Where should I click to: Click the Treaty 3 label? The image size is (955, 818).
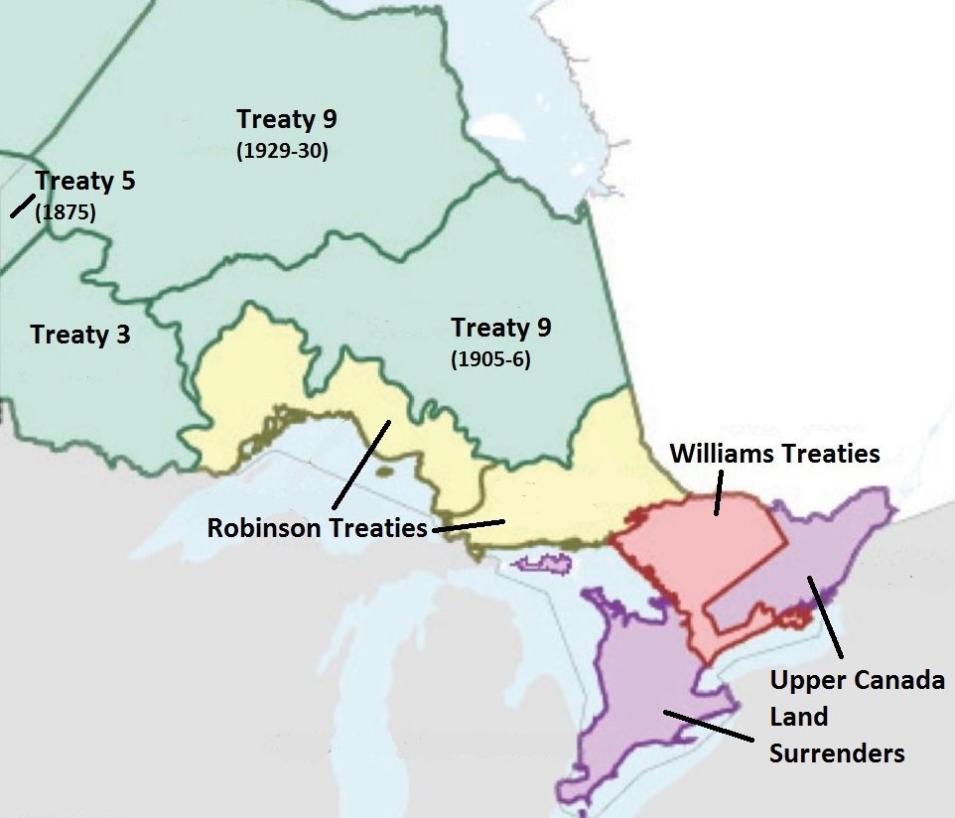[x=80, y=335]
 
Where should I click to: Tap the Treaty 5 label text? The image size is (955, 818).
[x=85, y=182]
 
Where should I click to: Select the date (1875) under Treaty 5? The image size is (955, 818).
[x=66, y=211]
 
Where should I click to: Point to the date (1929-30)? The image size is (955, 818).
[x=282, y=153]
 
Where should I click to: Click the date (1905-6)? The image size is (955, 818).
[x=491, y=360]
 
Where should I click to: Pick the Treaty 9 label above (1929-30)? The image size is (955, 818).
[x=287, y=120]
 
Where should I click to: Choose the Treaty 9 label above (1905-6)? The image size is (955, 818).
[x=501, y=328]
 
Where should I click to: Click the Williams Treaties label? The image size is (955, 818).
[x=774, y=454]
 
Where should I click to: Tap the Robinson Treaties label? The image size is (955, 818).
[x=317, y=528]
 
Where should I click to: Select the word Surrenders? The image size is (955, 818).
[x=838, y=753]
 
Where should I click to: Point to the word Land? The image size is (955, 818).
[x=799, y=717]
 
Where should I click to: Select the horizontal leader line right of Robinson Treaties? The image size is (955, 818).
[x=469, y=525]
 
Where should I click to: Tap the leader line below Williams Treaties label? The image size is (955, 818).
[x=717, y=493]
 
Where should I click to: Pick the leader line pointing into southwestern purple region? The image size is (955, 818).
[x=706, y=725]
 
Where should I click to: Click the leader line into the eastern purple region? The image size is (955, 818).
[x=826, y=615]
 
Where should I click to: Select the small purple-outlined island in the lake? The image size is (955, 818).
[x=544, y=564]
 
